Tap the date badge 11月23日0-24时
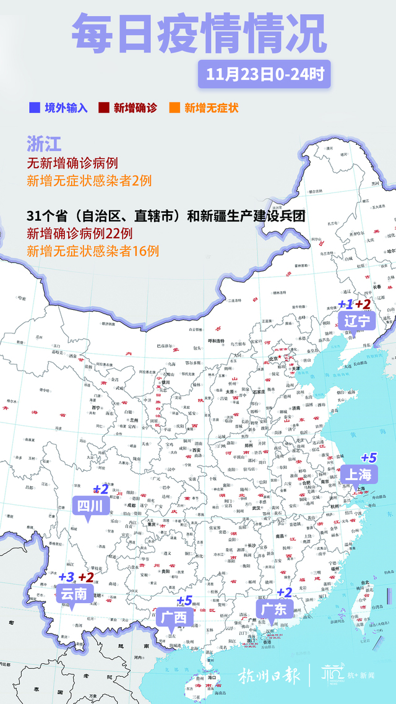264,75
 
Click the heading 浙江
44,144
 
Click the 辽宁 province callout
357,320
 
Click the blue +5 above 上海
369,458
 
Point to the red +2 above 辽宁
363,304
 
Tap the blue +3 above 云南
66,577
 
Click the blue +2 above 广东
284,593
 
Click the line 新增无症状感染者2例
89,181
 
